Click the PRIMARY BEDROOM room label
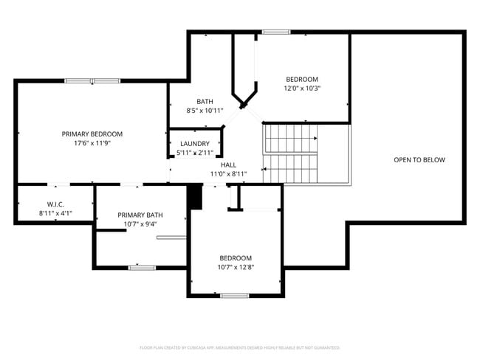click(92, 134)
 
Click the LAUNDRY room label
click(195, 144)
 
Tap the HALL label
click(228, 165)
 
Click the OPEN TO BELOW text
click(419, 159)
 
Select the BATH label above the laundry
click(205, 101)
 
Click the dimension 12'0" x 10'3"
click(302, 89)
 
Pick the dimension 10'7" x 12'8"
click(235, 267)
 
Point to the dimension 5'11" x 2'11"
click(195, 153)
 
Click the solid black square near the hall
click(195, 197)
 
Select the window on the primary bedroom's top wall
click(97, 80)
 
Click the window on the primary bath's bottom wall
click(141, 266)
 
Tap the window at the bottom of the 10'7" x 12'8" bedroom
click(234, 295)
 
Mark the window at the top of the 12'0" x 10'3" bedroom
click(275, 32)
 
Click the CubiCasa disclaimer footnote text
click(239, 347)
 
